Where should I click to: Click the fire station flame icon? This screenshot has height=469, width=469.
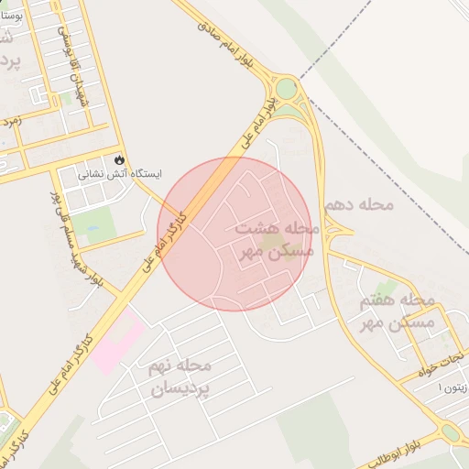120,158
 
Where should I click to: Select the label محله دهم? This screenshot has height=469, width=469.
358,202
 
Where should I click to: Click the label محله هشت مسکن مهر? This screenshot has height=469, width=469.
275,238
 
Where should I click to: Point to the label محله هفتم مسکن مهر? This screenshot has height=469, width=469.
397,311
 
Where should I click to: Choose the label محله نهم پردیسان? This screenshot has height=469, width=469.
180,376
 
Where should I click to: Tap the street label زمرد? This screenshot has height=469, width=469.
12,119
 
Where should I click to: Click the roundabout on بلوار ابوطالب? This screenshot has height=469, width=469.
450,432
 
